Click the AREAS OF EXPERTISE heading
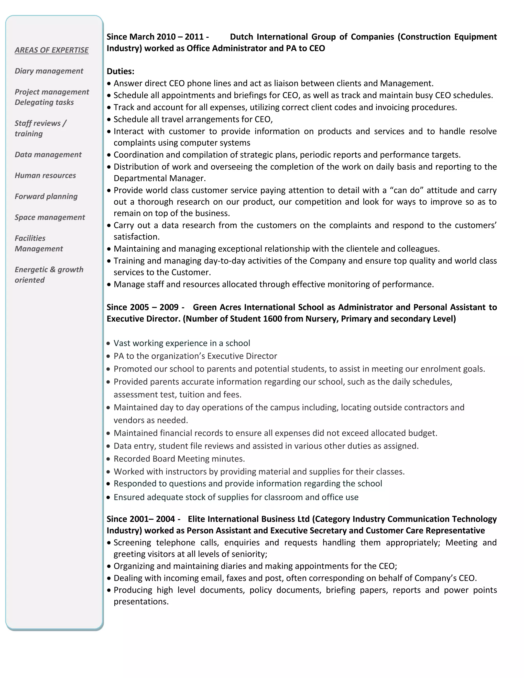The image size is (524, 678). (51, 50)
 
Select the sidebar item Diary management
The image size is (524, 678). (49, 71)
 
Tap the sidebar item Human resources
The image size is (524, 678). (45, 176)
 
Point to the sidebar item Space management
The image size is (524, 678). (50, 217)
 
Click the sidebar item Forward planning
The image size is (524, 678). (46, 196)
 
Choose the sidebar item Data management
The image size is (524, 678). (48, 155)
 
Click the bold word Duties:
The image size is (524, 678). (121, 71)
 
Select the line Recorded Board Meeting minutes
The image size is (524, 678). (179, 459)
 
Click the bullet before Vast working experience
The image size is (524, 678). (108, 343)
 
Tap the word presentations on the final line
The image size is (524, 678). (141, 602)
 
